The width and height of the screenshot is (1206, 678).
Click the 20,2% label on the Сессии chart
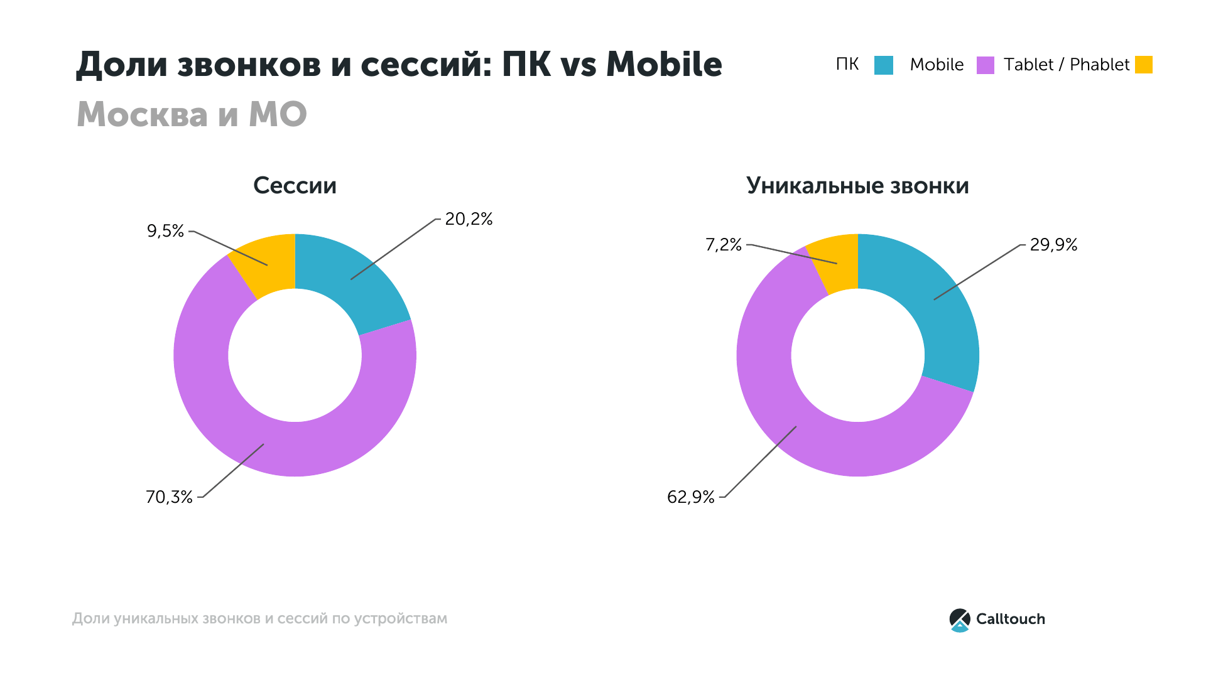point(469,219)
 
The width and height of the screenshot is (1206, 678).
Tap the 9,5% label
point(165,231)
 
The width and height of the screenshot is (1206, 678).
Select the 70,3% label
point(169,497)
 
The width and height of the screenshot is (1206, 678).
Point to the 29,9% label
point(1053,245)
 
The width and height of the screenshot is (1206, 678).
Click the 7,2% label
point(724,245)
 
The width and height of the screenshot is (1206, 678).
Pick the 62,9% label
point(691,497)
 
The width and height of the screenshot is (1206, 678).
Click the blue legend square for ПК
point(884,65)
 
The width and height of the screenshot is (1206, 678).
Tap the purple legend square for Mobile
point(986,65)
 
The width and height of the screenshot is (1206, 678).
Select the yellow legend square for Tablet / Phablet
point(1144,65)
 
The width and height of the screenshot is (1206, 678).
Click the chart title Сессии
point(295,186)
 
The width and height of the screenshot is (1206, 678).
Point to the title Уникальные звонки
point(857,186)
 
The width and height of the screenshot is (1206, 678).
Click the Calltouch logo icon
point(960,620)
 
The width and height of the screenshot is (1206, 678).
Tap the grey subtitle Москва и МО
point(192,114)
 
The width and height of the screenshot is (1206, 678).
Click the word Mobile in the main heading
point(664,64)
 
